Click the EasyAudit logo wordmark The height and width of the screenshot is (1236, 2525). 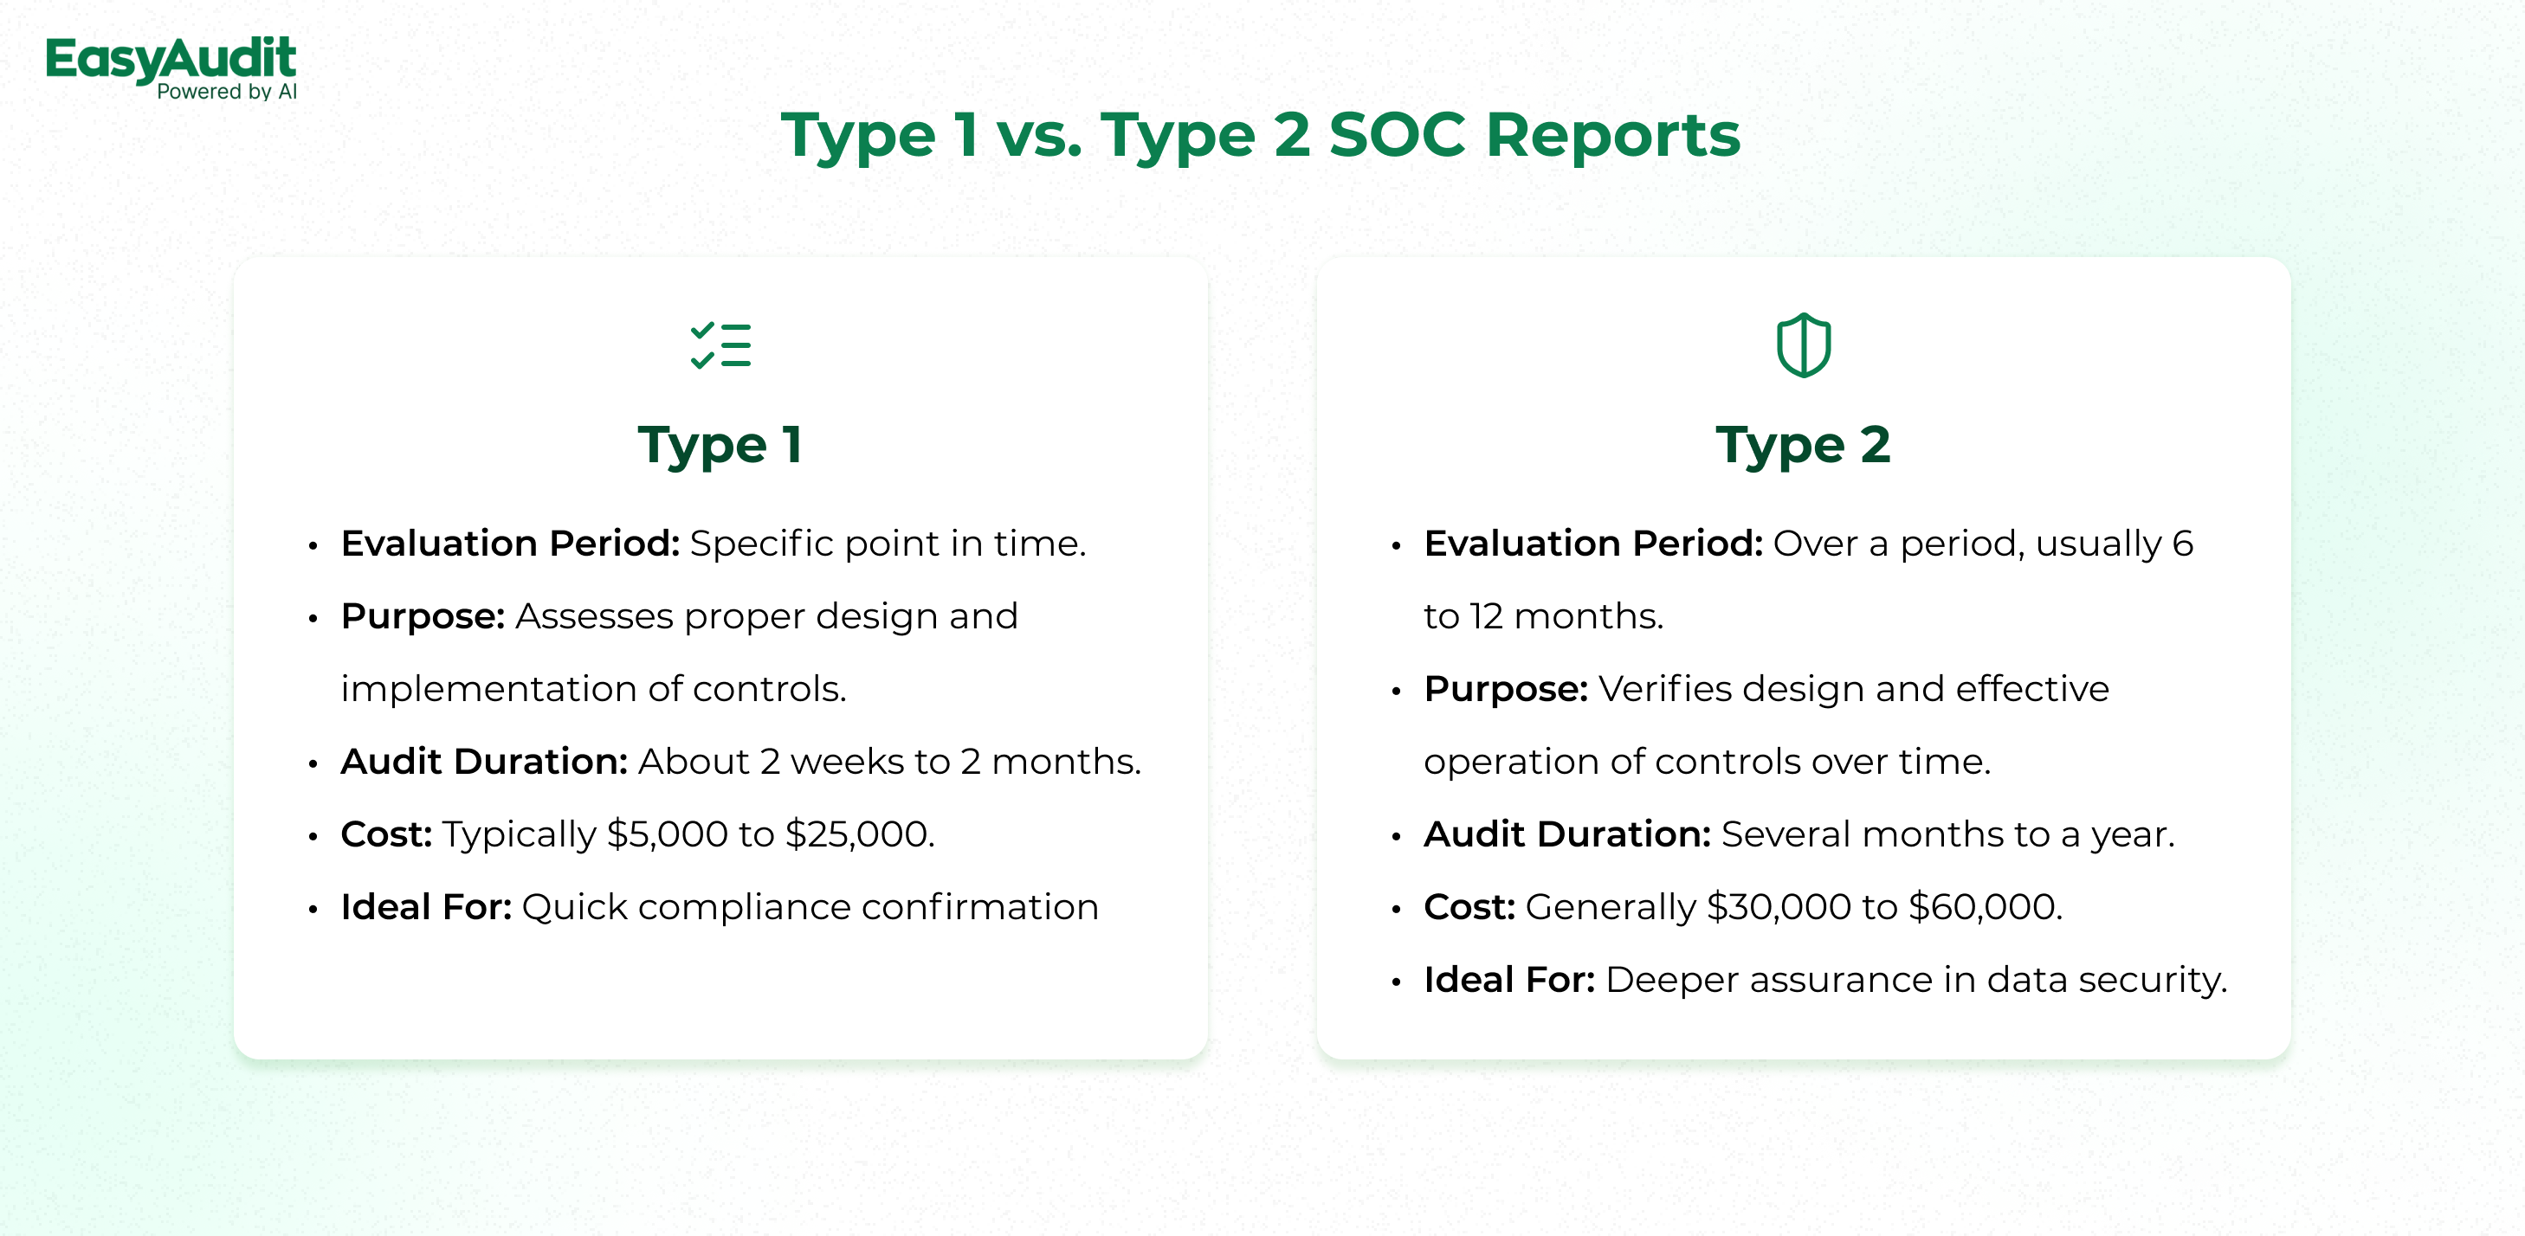pyautogui.click(x=171, y=60)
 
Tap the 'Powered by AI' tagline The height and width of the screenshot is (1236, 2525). pyautogui.click(x=226, y=92)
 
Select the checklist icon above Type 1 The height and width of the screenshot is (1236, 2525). pyautogui.click(x=720, y=345)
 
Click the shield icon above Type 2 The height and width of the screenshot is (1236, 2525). pyautogui.click(x=1804, y=345)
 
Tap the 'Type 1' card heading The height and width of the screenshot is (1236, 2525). pyautogui.click(x=720, y=445)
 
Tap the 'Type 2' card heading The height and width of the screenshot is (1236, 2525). pyautogui.click(x=1804, y=445)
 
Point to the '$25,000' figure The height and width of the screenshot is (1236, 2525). pyautogui.click(x=859, y=834)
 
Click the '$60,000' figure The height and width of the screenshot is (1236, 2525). pyautogui.click(x=1985, y=907)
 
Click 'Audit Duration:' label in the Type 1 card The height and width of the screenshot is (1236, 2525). pyautogui.click(x=484, y=762)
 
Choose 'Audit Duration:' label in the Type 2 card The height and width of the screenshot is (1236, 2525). pyautogui.click(x=1567, y=834)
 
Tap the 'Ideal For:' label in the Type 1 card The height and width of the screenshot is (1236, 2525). pyautogui.click(x=426, y=907)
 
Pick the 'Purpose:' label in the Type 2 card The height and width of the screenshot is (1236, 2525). pyautogui.click(x=1507, y=689)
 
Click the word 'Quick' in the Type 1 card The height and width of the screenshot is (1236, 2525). pyautogui.click(x=574, y=908)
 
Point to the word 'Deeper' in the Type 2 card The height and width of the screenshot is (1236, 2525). pyautogui.click(x=1672, y=980)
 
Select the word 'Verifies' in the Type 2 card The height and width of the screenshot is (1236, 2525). pyautogui.click(x=1665, y=689)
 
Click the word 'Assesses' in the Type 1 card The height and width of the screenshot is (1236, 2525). pyautogui.click(x=595, y=616)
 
